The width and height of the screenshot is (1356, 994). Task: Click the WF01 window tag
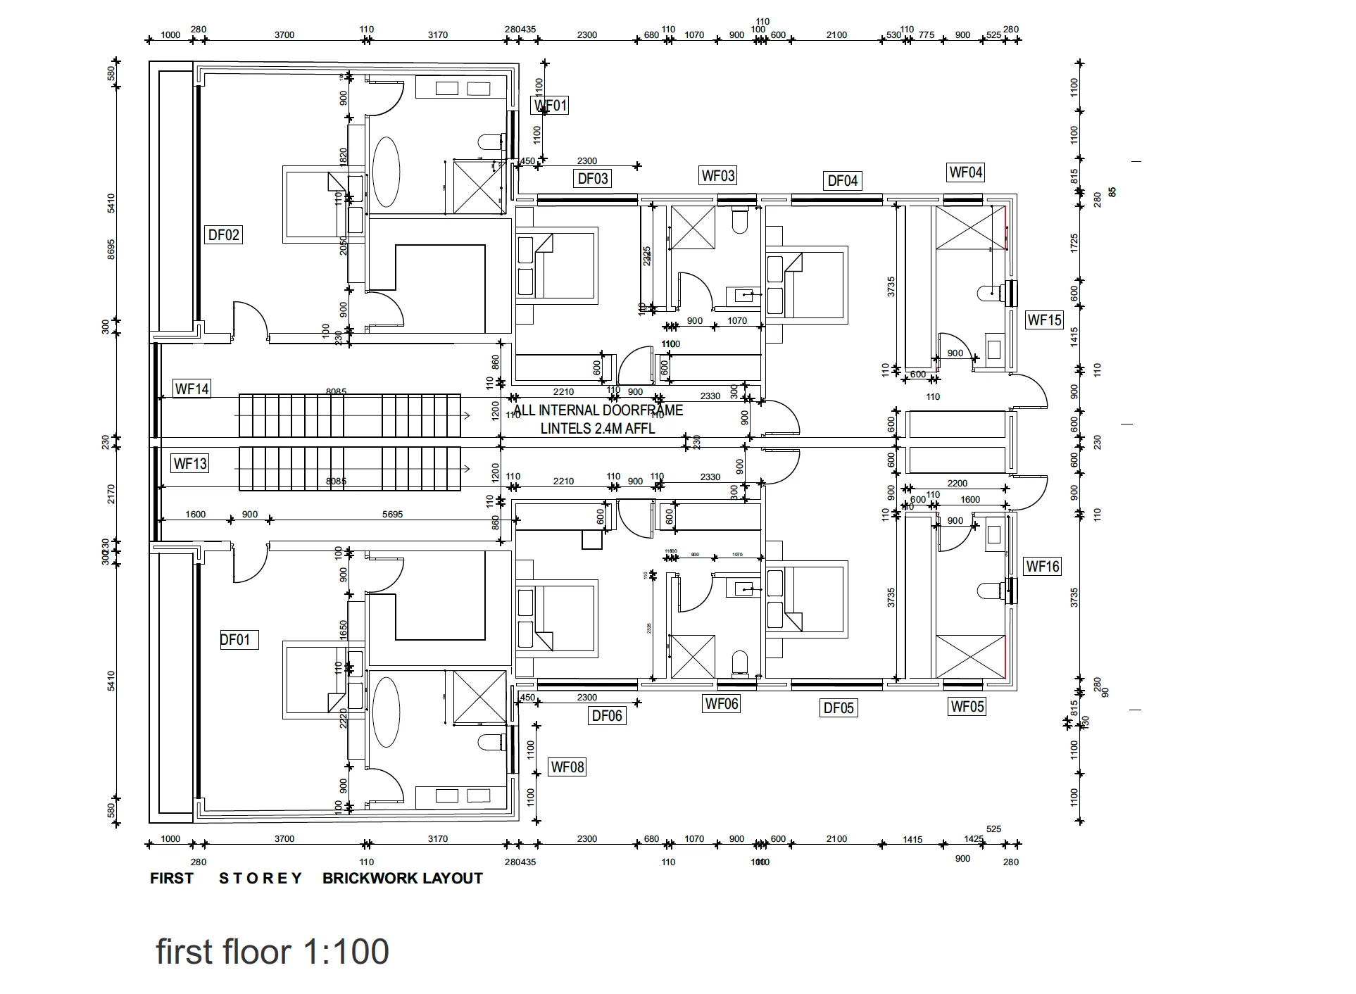pos(550,106)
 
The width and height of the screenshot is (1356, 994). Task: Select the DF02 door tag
pos(224,234)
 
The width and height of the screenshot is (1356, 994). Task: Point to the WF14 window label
pos(192,389)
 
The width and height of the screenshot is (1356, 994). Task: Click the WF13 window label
pos(191,463)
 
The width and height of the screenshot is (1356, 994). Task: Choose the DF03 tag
pos(593,178)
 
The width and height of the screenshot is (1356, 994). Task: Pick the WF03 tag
pos(718,175)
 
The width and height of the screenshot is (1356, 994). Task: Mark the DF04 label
pos(843,181)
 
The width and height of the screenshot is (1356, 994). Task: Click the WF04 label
pos(965,172)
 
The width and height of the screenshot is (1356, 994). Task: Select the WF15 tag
pos(1044,320)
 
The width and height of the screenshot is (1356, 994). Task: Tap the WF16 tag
pos(1043,566)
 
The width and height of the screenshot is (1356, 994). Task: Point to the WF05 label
pos(967,707)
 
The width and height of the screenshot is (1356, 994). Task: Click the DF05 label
pos(839,707)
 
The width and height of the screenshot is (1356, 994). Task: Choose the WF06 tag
pos(722,703)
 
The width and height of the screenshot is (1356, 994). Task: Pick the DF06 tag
pos(607,716)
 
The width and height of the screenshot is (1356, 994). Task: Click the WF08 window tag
pos(567,767)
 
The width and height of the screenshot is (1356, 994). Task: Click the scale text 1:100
pos(346,951)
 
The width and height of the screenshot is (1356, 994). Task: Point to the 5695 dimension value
pos(392,515)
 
